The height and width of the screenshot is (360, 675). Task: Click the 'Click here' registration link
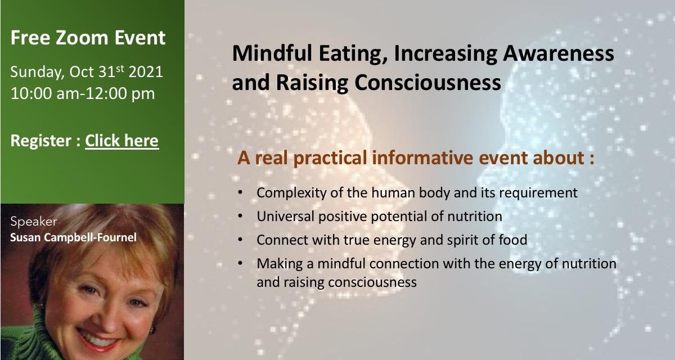pyautogui.click(x=121, y=140)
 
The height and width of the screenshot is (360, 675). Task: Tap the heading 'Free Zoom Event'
pyautogui.click(x=88, y=38)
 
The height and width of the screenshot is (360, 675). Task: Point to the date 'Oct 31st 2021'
pyautogui.click(x=116, y=72)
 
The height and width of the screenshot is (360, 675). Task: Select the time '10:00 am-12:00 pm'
pyautogui.click(x=83, y=93)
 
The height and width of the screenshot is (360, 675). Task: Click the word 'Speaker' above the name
pyautogui.click(x=30, y=221)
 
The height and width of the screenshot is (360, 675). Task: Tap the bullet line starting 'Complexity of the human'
pyautogui.click(x=416, y=192)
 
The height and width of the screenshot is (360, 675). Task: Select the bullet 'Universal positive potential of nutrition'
pyautogui.click(x=379, y=216)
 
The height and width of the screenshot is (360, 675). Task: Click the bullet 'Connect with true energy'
pyautogui.click(x=391, y=240)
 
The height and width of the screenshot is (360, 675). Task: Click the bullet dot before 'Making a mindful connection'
pyautogui.click(x=241, y=263)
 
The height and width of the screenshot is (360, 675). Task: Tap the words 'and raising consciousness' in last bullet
pyautogui.click(x=336, y=282)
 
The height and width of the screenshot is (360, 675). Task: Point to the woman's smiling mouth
pyautogui.click(x=97, y=339)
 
